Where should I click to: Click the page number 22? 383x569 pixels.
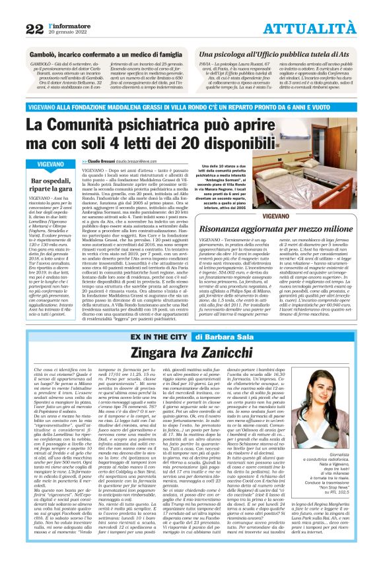(34, 28)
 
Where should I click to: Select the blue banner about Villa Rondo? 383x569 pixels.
(191, 107)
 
